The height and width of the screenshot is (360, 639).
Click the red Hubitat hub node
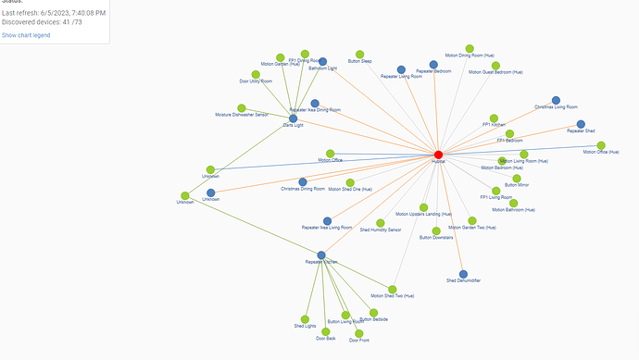438,155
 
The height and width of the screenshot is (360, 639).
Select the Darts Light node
293,118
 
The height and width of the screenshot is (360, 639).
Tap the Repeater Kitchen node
320,255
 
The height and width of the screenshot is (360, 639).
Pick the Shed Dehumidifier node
463,274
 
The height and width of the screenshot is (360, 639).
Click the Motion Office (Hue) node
601,145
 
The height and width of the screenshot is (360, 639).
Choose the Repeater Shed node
581,124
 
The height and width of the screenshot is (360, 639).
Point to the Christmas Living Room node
556,100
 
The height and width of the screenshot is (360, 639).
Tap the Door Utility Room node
256,75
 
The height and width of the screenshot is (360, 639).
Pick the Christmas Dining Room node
302,182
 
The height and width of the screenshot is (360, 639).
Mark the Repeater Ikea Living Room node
327,221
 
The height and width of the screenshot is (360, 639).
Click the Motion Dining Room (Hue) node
470,48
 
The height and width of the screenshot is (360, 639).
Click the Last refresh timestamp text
54,13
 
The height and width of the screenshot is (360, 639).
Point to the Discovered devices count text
43,22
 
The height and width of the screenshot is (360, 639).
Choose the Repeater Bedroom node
433,65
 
